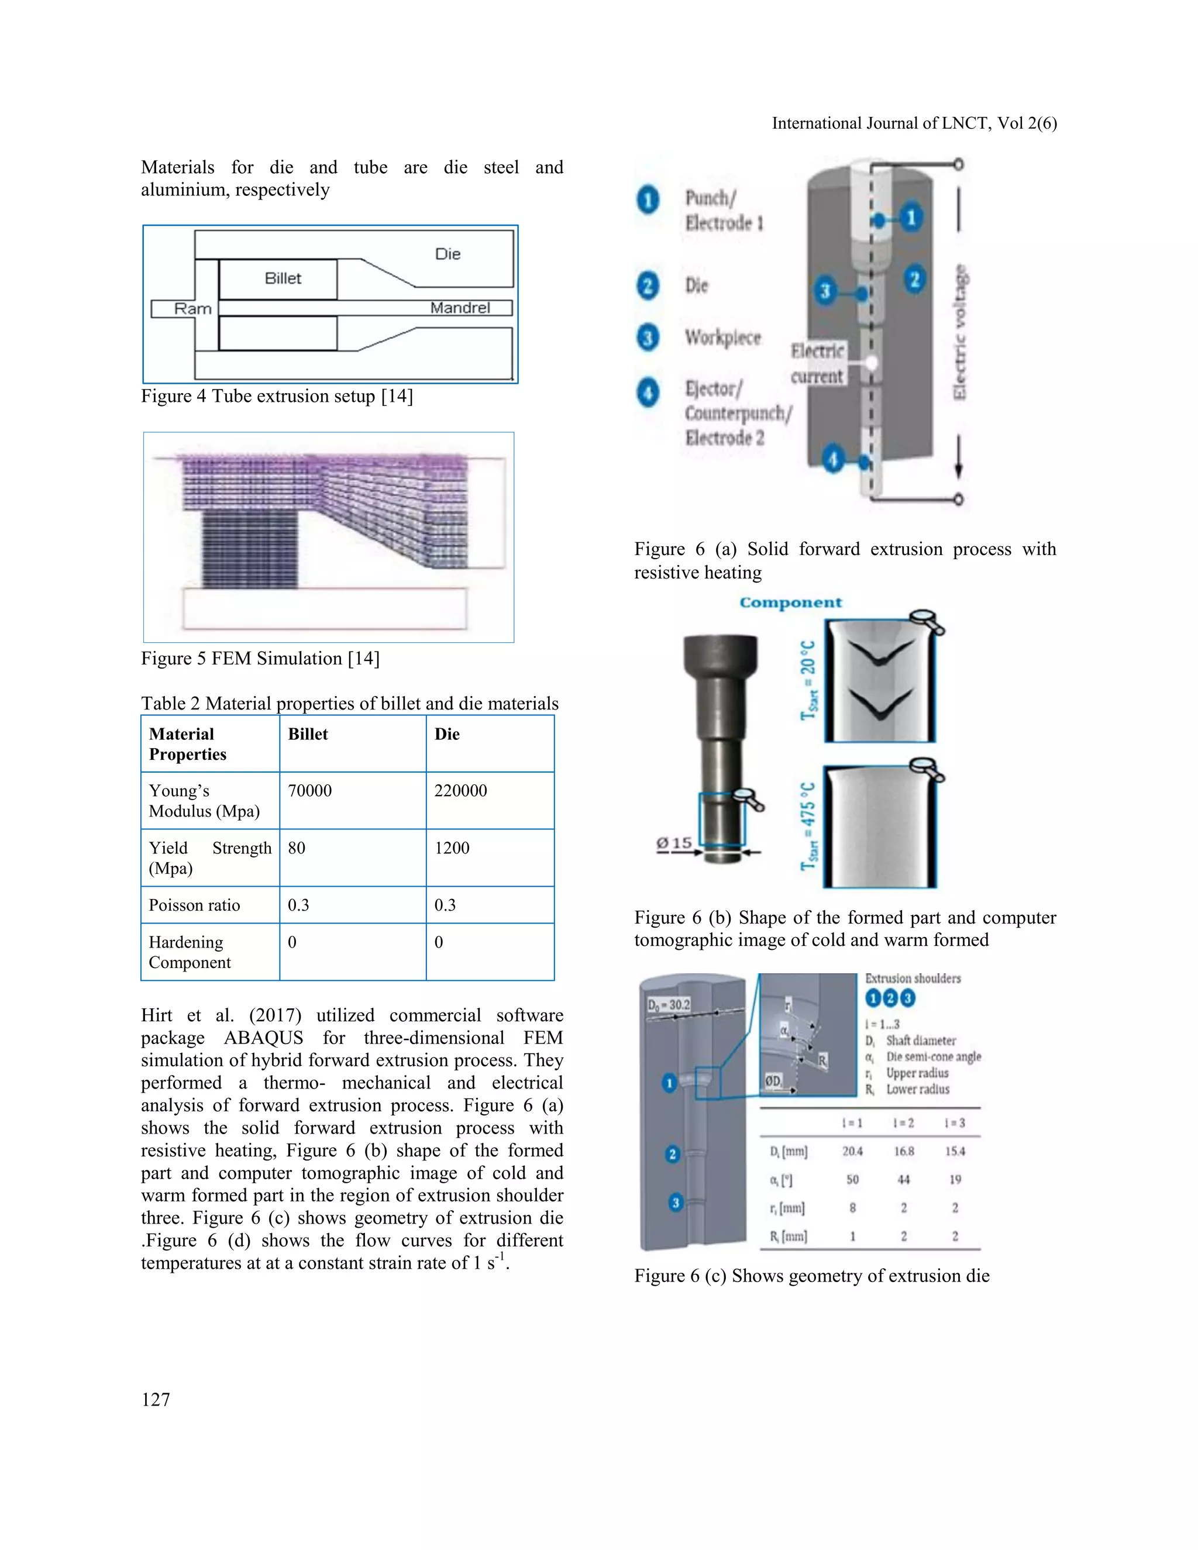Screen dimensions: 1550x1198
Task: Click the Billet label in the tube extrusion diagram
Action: [x=283, y=278]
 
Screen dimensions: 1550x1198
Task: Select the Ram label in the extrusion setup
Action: [x=192, y=309]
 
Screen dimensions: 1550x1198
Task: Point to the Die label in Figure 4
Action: [x=448, y=254]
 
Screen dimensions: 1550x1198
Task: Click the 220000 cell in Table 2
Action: [x=460, y=791]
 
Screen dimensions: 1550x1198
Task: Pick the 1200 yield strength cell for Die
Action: [x=452, y=848]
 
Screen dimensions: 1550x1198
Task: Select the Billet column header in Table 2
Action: [x=308, y=734]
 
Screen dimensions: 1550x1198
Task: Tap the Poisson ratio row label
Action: [x=194, y=905]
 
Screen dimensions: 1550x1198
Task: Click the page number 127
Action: [x=156, y=1400]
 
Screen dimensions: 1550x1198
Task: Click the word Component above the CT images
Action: [x=791, y=602]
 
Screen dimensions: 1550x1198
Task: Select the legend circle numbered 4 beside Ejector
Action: [x=648, y=392]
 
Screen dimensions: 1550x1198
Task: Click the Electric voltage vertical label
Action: [x=959, y=332]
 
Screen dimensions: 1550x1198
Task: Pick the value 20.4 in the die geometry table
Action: [x=852, y=1151]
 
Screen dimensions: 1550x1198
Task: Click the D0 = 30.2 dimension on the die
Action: [x=669, y=1005]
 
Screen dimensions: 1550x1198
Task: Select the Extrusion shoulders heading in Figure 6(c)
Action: [x=913, y=979]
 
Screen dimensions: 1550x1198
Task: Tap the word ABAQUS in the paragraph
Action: [x=263, y=1038]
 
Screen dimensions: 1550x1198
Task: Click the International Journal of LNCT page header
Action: [x=914, y=123]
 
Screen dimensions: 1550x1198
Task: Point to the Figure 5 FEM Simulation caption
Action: [x=260, y=659]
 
